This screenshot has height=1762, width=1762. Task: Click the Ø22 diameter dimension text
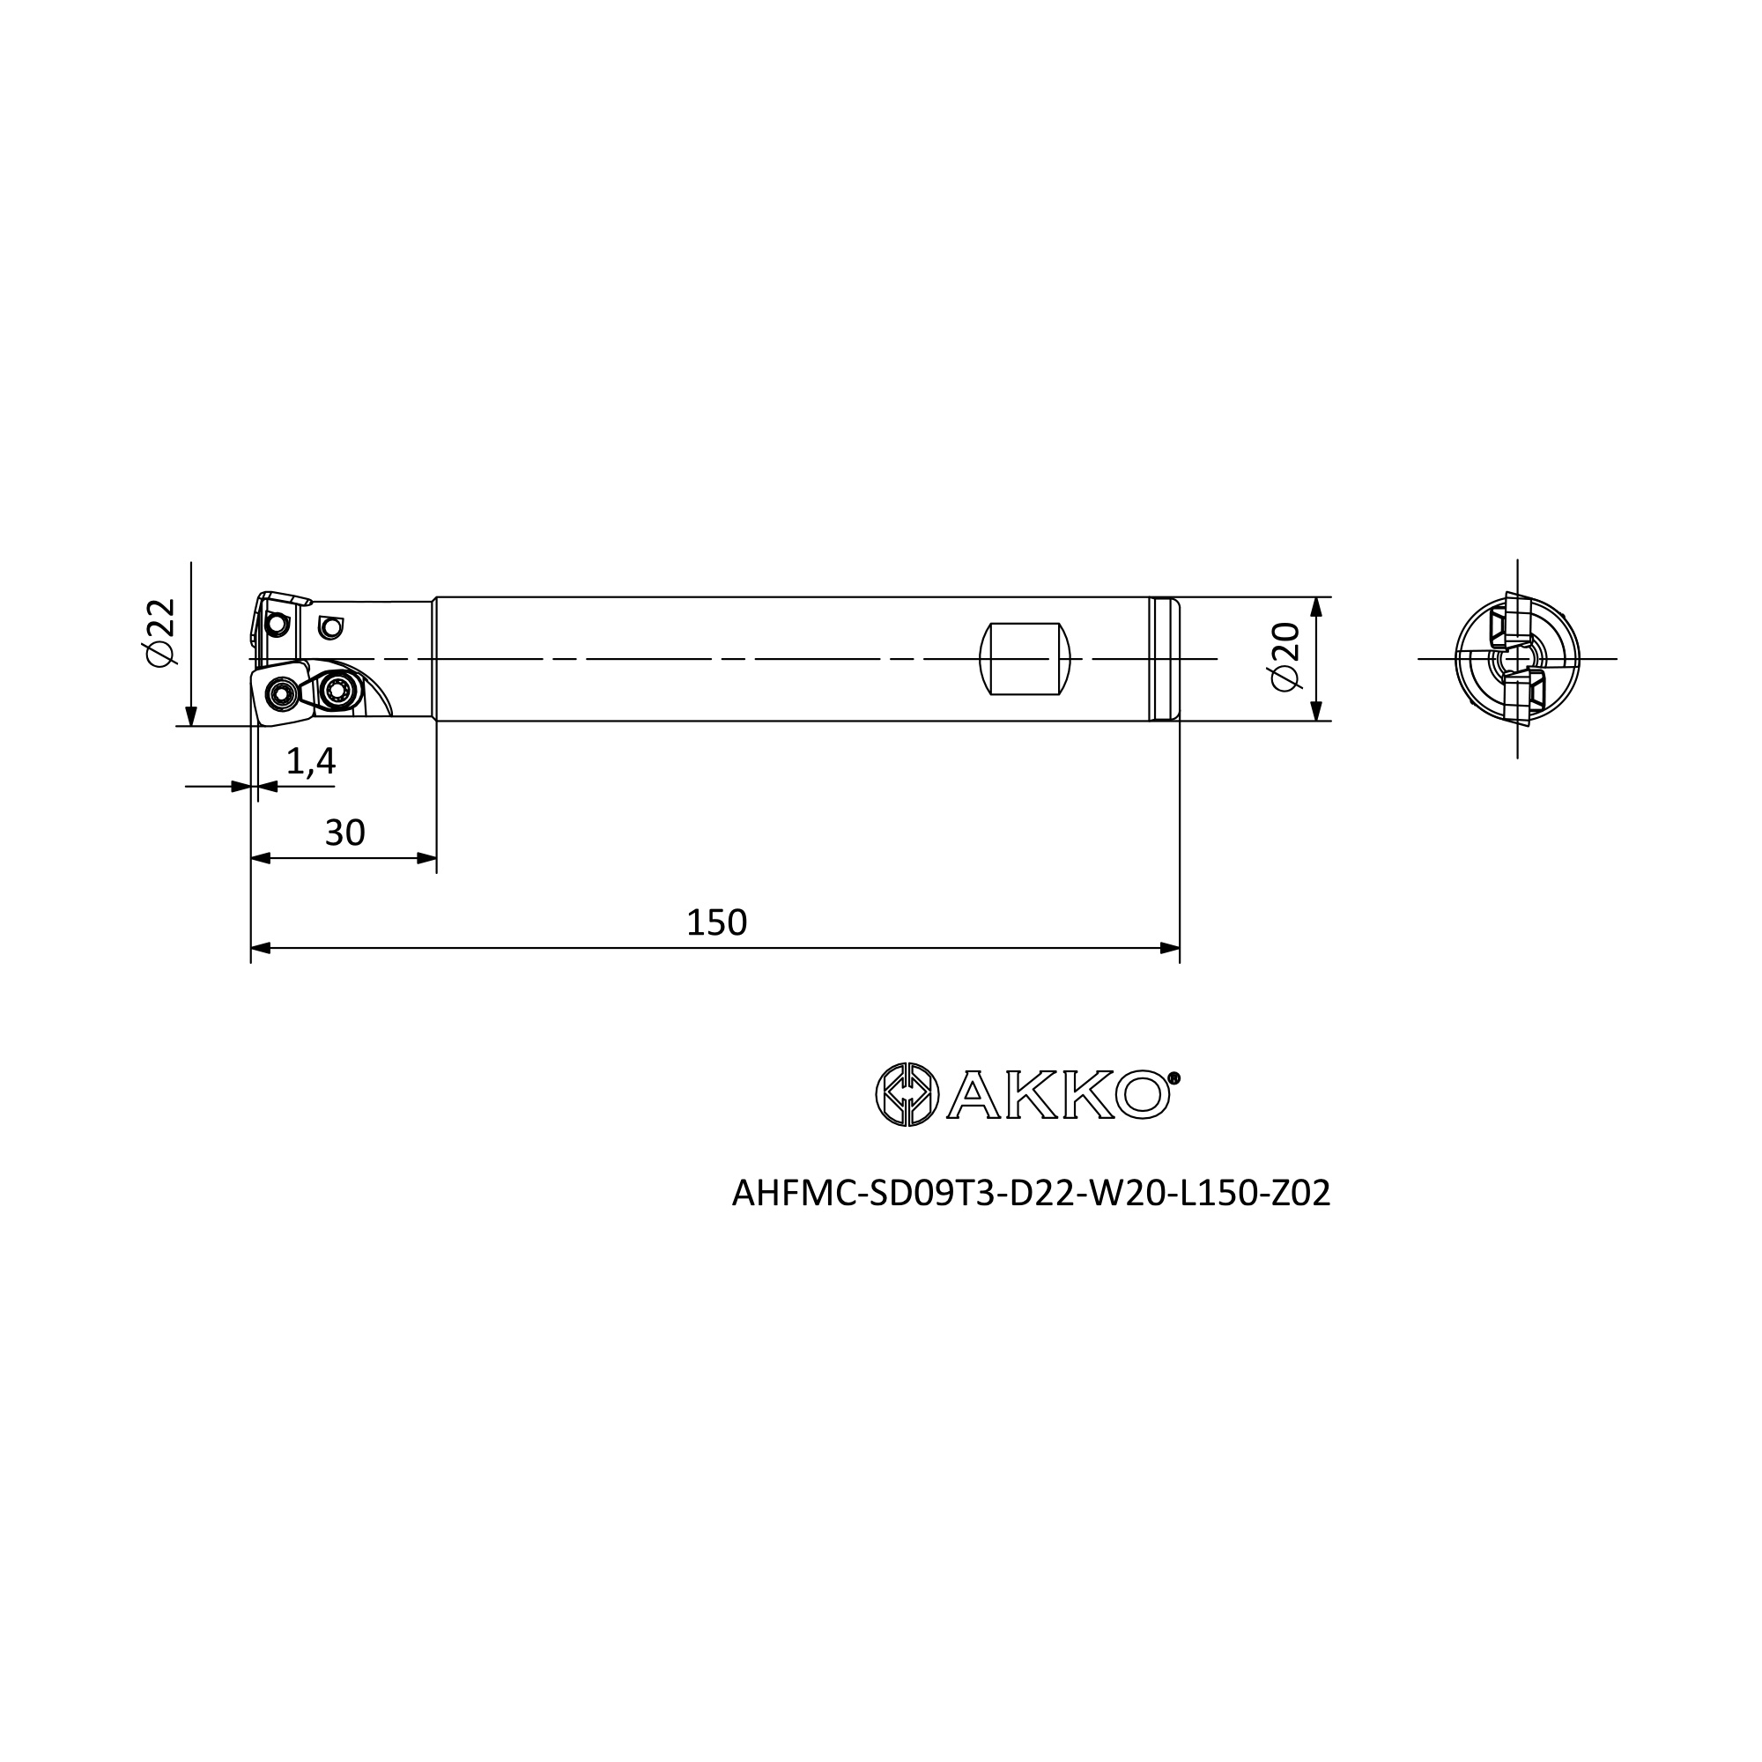[160, 632]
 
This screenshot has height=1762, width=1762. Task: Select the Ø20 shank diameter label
[1284, 656]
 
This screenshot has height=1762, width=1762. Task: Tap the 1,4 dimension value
[311, 761]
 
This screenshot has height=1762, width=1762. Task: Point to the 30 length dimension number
[344, 833]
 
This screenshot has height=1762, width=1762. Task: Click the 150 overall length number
[717, 923]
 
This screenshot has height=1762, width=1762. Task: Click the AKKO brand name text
[1058, 1094]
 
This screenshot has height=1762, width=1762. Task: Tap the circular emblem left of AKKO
[907, 1094]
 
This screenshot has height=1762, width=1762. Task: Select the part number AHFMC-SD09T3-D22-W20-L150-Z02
[1032, 1193]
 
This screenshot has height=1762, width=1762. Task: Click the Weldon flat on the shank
[1025, 658]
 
